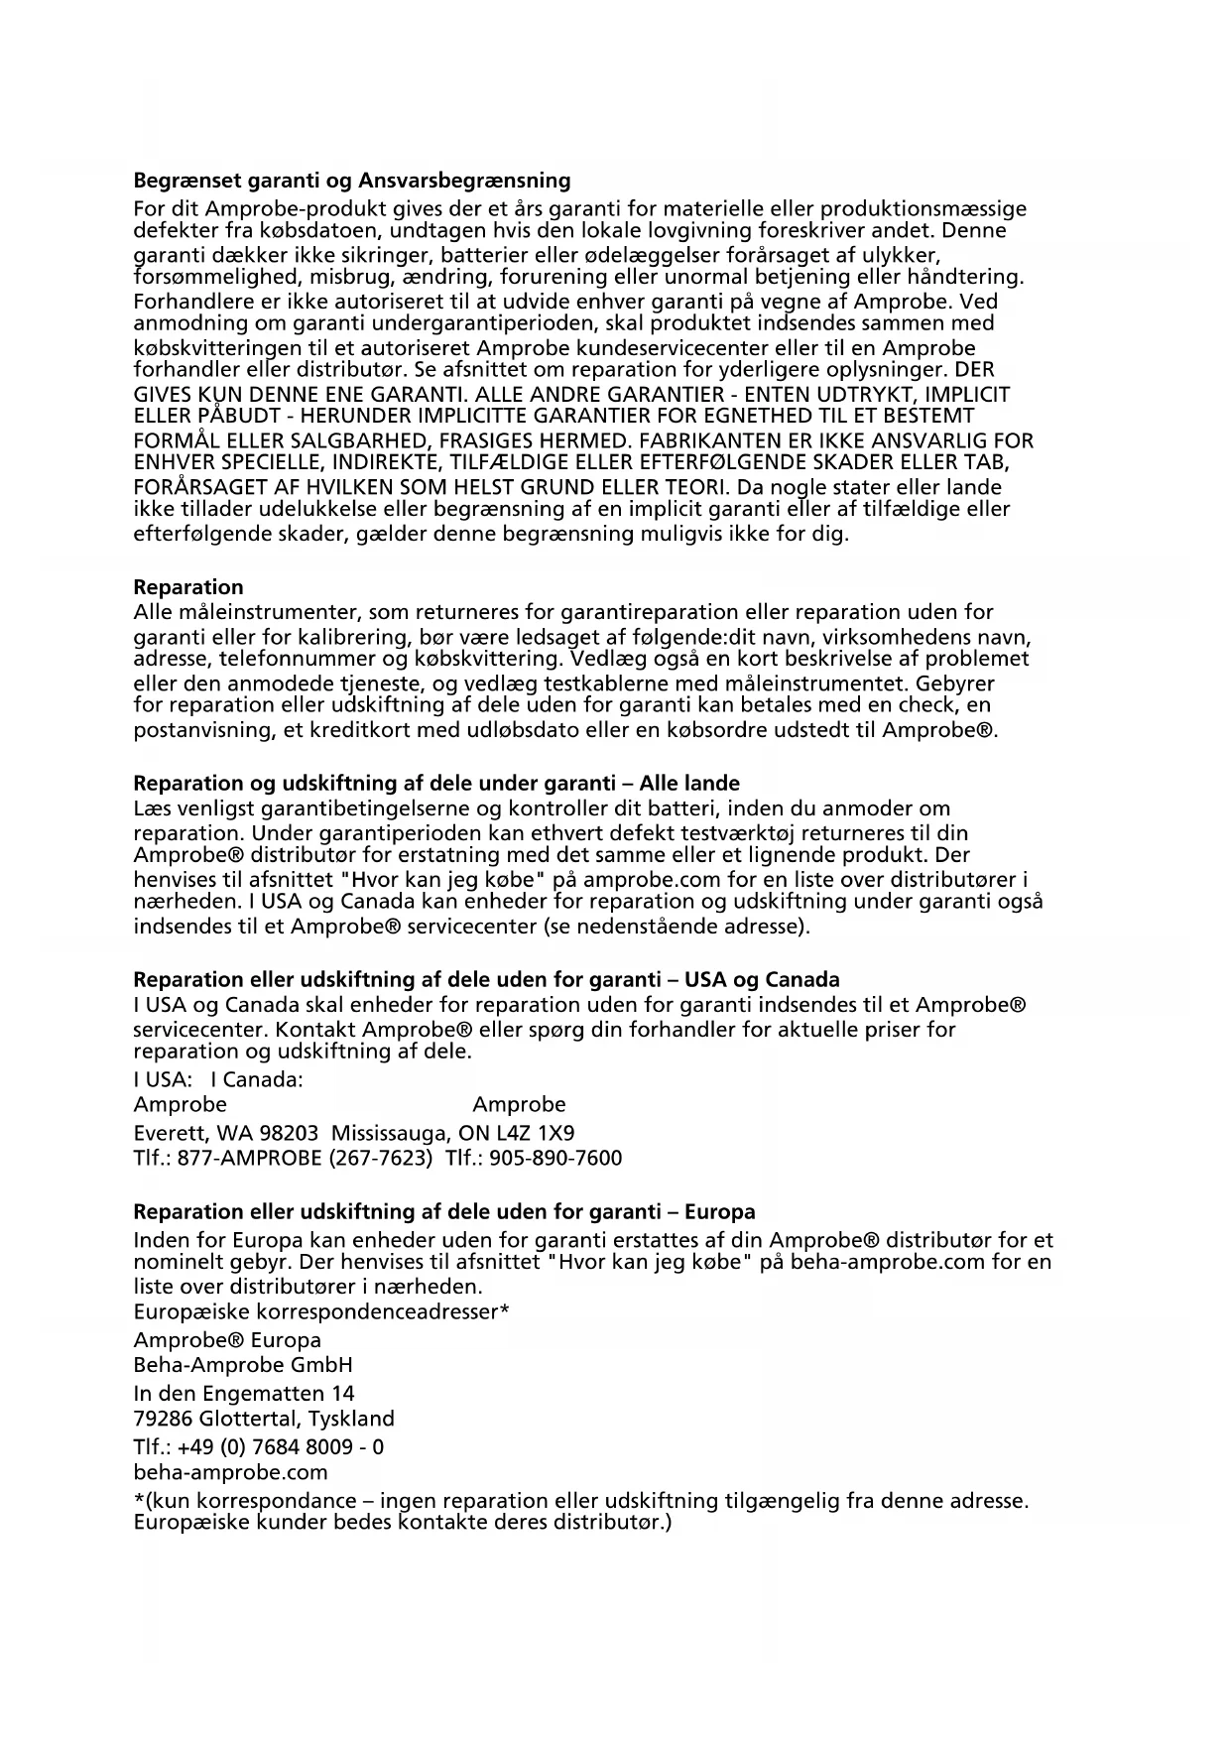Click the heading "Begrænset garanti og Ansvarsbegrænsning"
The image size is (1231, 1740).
tap(352, 181)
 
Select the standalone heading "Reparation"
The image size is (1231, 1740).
tap(188, 587)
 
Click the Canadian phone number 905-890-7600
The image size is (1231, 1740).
tap(555, 1158)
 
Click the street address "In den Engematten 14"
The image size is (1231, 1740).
tap(244, 1393)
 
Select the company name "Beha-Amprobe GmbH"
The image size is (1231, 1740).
tap(243, 1365)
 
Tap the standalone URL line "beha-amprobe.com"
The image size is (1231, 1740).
tap(230, 1472)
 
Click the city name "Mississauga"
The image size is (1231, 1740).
tap(388, 1133)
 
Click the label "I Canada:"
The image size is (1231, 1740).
tap(257, 1079)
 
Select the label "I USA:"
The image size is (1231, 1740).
tap(163, 1079)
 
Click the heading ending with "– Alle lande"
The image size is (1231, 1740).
tap(436, 783)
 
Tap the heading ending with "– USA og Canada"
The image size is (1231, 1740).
tap(486, 980)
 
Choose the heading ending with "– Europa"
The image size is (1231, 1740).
tap(444, 1211)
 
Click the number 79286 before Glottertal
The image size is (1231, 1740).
tap(163, 1419)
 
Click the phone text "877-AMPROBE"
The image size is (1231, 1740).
tap(249, 1158)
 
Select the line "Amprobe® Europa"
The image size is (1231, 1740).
tap(227, 1340)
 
